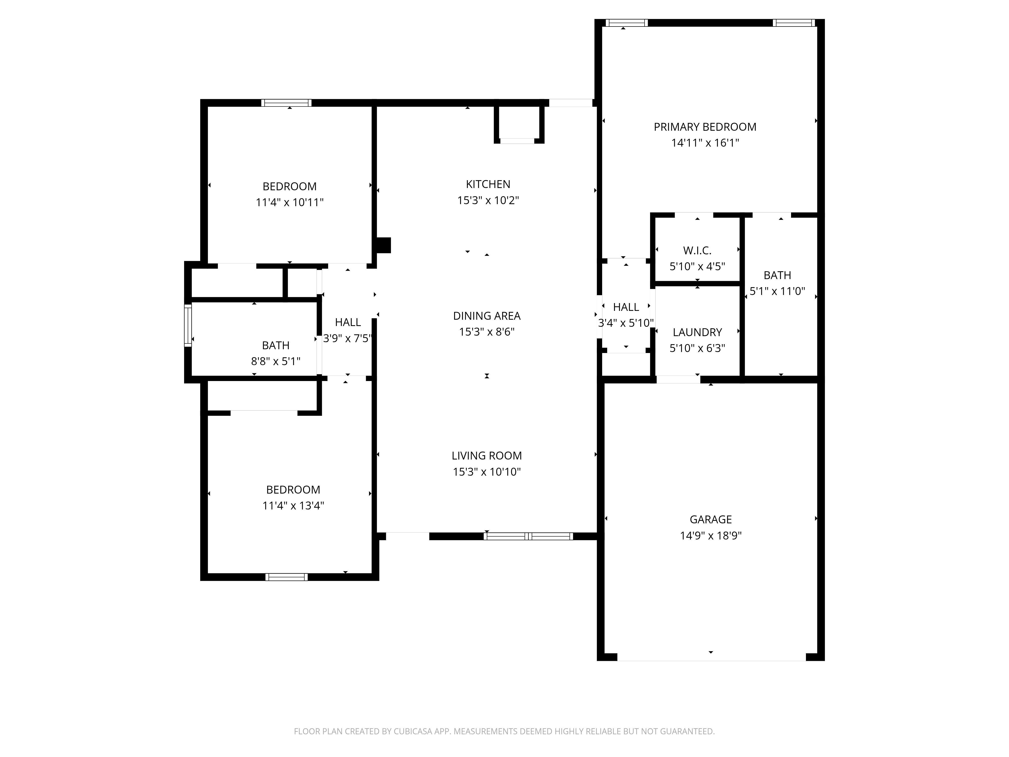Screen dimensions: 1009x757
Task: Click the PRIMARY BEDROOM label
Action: (x=705, y=127)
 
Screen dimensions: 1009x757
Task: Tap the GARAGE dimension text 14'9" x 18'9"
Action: (x=711, y=535)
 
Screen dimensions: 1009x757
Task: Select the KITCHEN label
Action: (x=488, y=184)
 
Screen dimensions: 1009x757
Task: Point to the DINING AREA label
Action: (x=487, y=316)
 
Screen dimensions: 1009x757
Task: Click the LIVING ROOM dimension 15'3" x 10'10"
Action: (x=487, y=472)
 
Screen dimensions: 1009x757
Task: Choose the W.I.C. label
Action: (x=697, y=251)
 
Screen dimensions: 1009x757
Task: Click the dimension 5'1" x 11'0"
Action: (x=777, y=291)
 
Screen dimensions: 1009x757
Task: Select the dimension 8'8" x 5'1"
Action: (x=275, y=361)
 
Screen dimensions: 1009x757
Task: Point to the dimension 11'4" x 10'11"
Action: (x=290, y=202)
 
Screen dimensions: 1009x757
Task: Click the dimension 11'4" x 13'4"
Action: (x=293, y=506)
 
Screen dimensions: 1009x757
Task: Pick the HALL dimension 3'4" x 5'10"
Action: (x=626, y=323)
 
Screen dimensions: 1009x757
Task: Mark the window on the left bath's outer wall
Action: (x=188, y=325)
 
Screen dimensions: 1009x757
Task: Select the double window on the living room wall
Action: (x=528, y=536)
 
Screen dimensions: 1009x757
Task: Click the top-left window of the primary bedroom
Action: (x=627, y=23)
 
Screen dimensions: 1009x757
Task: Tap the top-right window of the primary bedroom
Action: (x=794, y=23)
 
